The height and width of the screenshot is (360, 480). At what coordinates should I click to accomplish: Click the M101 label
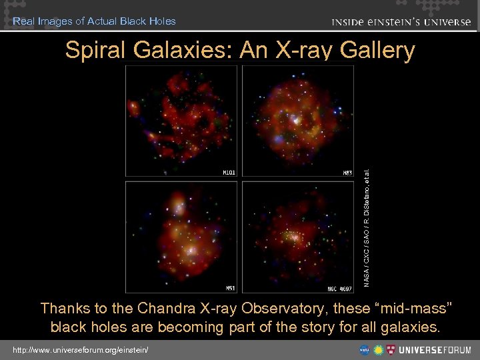click(228, 172)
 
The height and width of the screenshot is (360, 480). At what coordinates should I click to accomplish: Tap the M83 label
click(347, 172)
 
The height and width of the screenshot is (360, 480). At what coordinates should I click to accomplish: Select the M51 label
click(228, 289)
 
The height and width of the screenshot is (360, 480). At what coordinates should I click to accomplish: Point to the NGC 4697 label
click(340, 289)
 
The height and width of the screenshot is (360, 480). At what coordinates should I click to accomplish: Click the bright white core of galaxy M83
click(294, 120)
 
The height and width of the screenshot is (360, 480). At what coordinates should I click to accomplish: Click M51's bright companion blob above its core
click(177, 201)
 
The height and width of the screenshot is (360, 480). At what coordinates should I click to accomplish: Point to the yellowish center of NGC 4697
click(291, 236)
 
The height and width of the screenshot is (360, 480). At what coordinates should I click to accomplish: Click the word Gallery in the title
click(377, 51)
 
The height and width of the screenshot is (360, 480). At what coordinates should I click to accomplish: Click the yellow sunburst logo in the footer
click(378, 349)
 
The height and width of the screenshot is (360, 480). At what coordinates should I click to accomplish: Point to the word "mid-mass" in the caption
click(413, 309)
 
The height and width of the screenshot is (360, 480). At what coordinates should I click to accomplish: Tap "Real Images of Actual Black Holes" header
click(94, 21)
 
